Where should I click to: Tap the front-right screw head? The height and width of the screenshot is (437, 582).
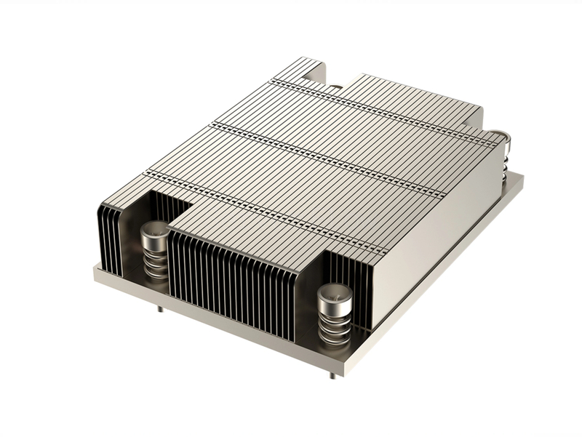[x=335, y=294]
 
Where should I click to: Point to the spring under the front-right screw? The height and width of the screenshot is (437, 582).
[x=335, y=324]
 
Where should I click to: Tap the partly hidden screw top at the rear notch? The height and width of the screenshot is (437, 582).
[x=335, y=89]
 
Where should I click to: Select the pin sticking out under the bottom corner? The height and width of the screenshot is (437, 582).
[x=332, y=376]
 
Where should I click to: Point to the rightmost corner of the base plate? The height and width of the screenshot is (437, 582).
[x=522, y=179]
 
